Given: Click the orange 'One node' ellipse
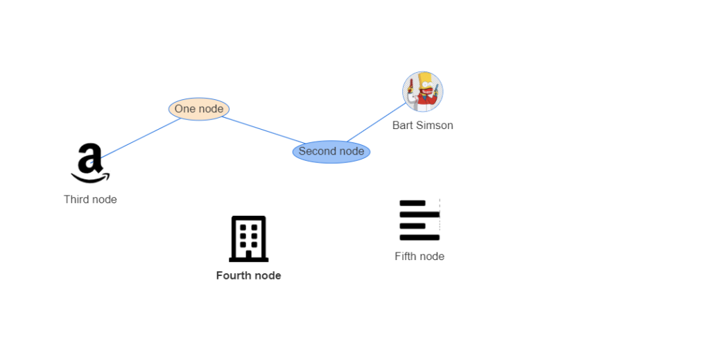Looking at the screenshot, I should point(199,109).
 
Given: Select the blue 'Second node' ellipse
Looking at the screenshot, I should point(331,151).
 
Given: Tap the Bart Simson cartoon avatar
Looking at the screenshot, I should point(422,92).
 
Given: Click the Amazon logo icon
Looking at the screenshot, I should point(90,163).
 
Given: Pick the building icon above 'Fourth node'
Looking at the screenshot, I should point(249,239).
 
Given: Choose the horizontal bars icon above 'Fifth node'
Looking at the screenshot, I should point(419,220).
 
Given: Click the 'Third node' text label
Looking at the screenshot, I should point(90,199).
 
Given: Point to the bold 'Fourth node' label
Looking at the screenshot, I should point(248,275).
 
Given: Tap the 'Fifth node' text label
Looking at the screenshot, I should point(419,256).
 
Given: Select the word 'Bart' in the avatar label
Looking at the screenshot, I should point(403,126).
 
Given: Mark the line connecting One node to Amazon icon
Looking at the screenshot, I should point(139,139).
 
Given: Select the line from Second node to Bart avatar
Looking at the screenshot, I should point(374,123).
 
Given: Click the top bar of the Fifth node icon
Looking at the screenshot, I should point(413,203).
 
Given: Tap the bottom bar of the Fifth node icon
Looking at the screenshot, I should point(419,237).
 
